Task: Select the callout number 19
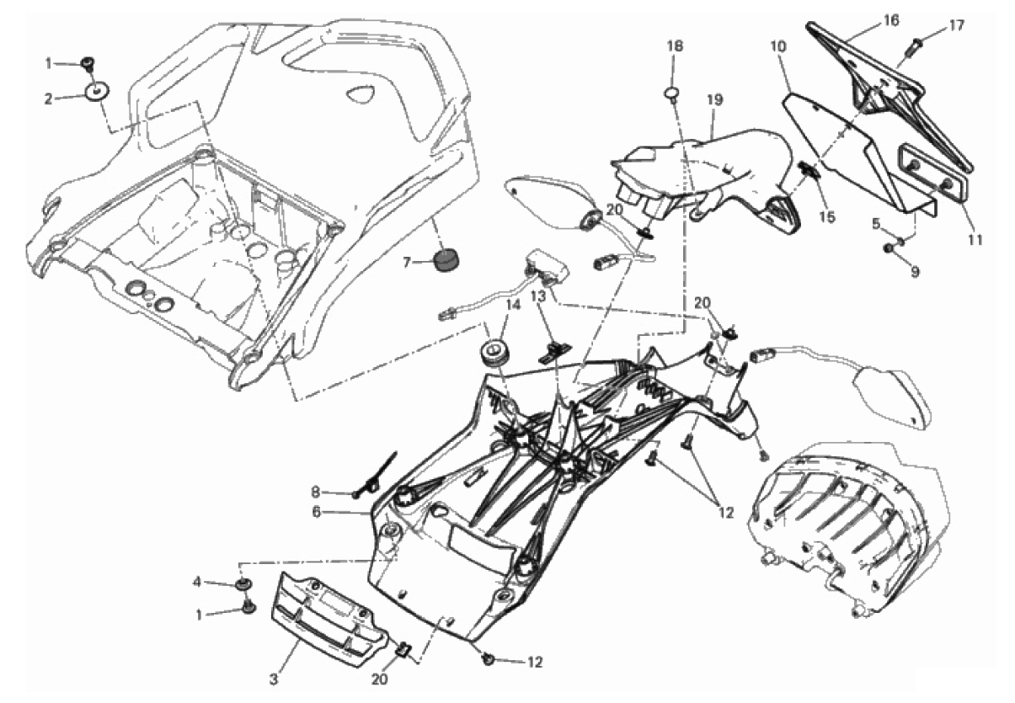pos(714,99)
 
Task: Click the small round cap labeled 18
pos(672,92)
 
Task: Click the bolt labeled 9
pos(890,248)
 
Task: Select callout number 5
pos(876,224)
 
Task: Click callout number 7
pos(406,263)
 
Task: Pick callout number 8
pos(316,492)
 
